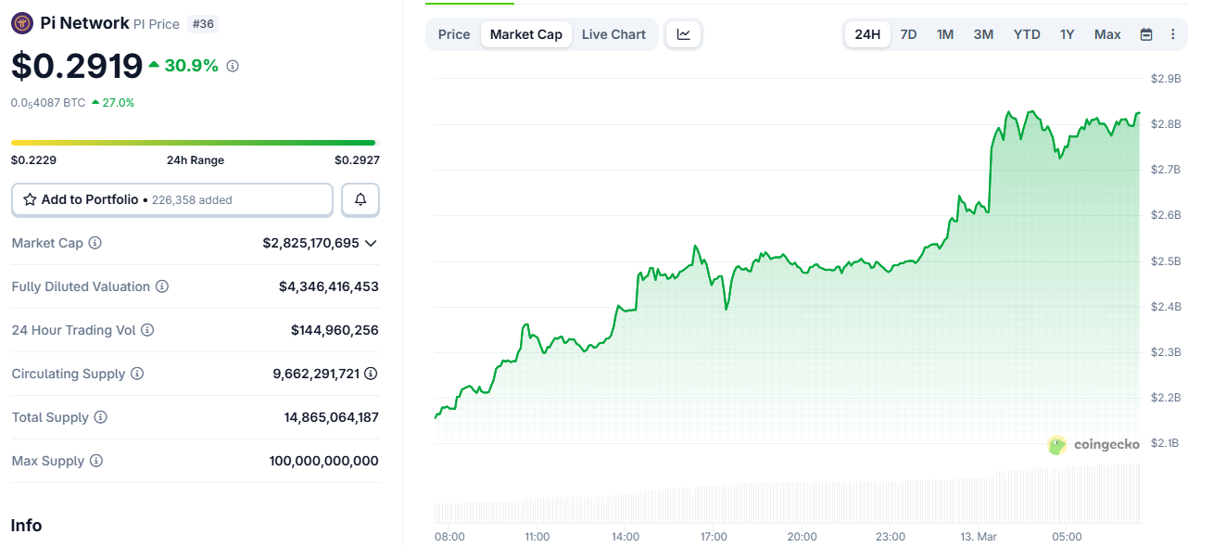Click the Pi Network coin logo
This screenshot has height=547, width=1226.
(x=22, y=24)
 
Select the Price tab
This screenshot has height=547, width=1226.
(x=454, y=34)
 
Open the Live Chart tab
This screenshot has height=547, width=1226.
(x=613, y=34)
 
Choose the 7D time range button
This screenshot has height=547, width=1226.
(x=908, y=34)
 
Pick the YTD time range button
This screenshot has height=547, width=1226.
(x=1027, y=34)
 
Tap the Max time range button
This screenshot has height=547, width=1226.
(x=1107, y=34)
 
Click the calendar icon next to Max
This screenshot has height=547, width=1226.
(x=1146, y=34)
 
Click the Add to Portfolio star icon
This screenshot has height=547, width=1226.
(x=30, y=199)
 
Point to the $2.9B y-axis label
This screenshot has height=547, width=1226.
(x=1166, y=79)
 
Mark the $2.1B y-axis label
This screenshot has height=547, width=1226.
(x=1166, y=443)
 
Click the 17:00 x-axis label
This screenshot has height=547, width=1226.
(x=714, y=537)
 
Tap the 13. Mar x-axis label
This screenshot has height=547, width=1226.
(x=977, y=537)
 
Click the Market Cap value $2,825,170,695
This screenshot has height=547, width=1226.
(x=310, y=243)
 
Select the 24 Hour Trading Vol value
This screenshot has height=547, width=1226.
(x=335, y=330)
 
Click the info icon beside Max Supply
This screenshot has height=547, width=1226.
(x=95, y=461)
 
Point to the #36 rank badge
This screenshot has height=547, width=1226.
(x=203, y=24)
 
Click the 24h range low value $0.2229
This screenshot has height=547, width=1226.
(x=33, y=160)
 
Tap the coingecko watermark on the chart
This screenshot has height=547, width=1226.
(x=1093, y=445)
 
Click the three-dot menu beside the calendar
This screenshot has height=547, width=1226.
(x=1172, y=34)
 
